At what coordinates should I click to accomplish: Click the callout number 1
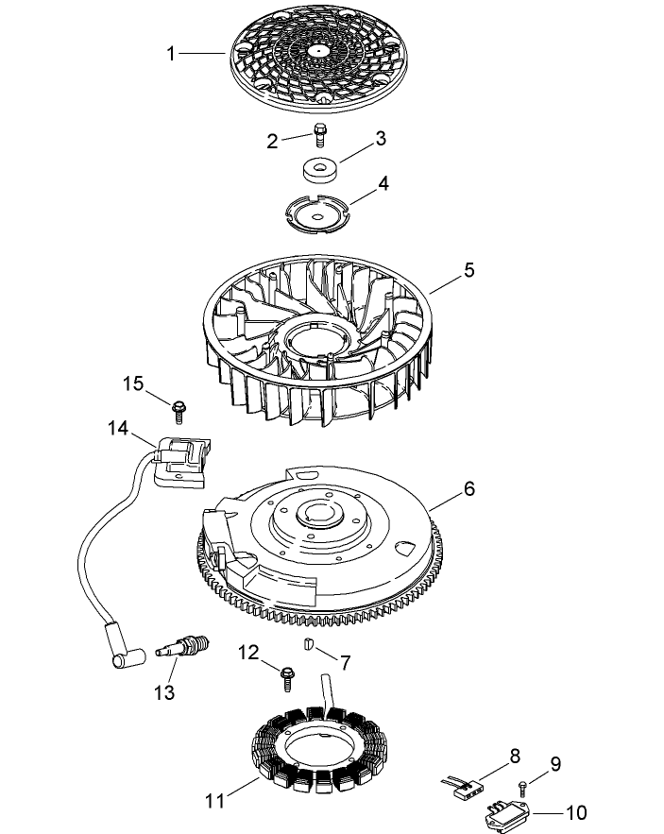pyautogui.click(x=171, y=54)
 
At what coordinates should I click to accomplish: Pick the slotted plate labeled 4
pyautogui.click(x=319, y=213)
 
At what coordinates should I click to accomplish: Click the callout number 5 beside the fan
pyautogui.click(x=469, y=271)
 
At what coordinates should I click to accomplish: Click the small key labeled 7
pyautogui.click(x=309, y=645)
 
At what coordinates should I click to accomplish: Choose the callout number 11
pyautogui.click(x=214, y=801)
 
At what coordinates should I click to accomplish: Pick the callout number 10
pyautogui.click(x=576, y=812)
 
